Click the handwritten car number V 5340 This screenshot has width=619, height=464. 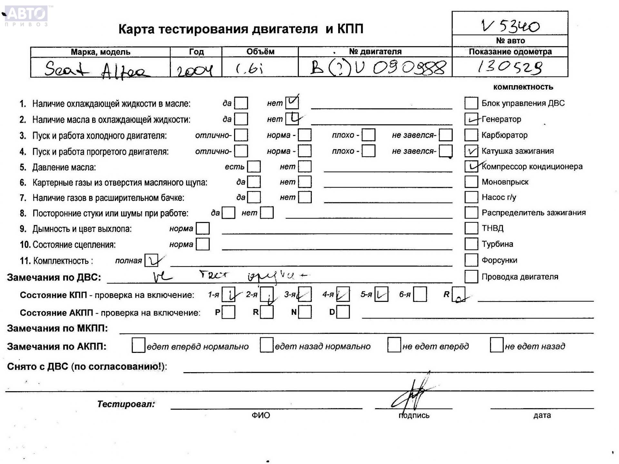(x=510, y=26)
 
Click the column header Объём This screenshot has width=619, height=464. (x=260, y=52)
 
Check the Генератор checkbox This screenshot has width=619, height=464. (x=471, y=119)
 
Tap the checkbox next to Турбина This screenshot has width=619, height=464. (x=471, y=244)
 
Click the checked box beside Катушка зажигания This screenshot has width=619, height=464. (x=471, y=151)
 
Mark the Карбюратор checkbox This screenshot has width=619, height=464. (x=471, y=135)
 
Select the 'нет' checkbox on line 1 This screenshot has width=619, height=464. (x=292, y=103)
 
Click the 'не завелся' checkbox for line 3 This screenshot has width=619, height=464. (x=446, y=135)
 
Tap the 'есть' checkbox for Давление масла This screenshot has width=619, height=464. (x=254, y=167)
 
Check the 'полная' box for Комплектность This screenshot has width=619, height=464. (x=151, y=260)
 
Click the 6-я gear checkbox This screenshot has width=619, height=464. (x=420, y=294)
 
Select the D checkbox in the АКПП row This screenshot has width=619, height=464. (x=343, y=312)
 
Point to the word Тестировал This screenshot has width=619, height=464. (x=126, y=404)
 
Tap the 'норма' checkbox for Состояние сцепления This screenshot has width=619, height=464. (x=202, y=244)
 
